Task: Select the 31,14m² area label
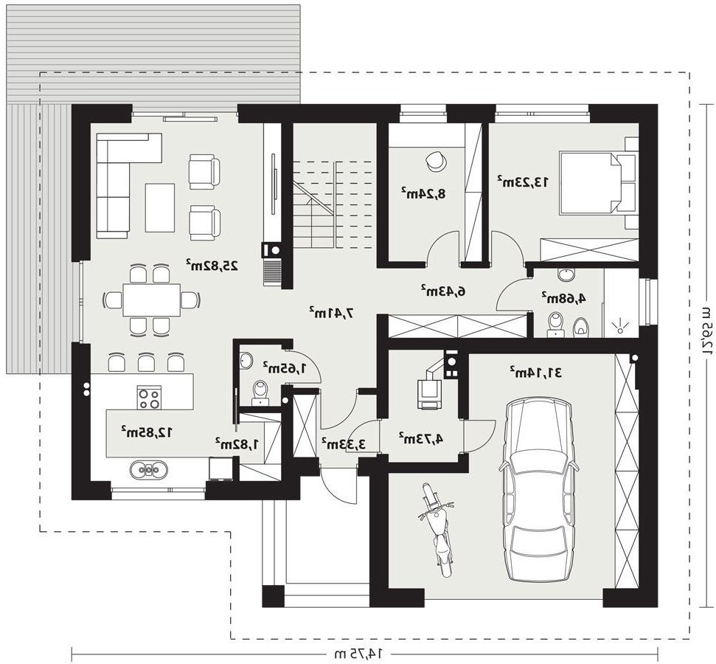coord(536,372)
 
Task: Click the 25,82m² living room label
coord(212,266)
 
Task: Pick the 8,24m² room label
coord(423,193)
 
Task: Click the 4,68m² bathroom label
coord(564,298)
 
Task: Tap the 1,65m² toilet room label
coord(284,367)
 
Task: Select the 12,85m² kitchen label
coord(147,431)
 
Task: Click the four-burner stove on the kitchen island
coord(150,398)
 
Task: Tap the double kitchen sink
coord(149,469)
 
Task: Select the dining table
coord(152,300)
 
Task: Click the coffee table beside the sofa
coord(160,208)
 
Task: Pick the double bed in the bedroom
coord(591,183)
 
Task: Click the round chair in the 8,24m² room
coord(435,161)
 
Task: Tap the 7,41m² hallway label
coord(332,313)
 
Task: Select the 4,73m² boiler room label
coord(421,439)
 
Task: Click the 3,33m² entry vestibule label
coord(344,443)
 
